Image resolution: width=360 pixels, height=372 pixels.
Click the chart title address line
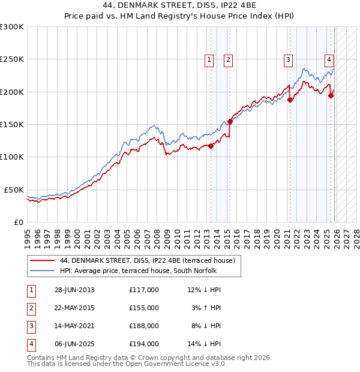pyautogui.click(x=180, y=6)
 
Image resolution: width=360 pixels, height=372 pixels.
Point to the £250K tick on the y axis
pyautogui.click(x=12, y=59)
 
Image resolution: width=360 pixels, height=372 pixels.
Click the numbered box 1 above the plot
pyautogui.click(x=209, y=59)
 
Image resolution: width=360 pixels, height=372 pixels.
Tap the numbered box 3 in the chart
pyautogui.click(x=288, y=59)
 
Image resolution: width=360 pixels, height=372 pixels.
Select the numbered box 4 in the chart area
pyautogui.click(x=329, y=59)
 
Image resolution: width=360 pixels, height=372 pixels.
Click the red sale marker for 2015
pyautogui.click(x=230, y=121)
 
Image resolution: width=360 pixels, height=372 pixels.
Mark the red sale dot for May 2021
pyautogui.click(x=290, y=100)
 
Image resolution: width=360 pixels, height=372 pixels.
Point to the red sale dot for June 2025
pyautogui.click(x=331, y=96)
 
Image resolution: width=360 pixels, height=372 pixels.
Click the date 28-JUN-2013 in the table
pyautogui.click(x=74, y=290)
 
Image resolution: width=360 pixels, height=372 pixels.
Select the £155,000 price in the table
pyautogui.click(x=143, y=308)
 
